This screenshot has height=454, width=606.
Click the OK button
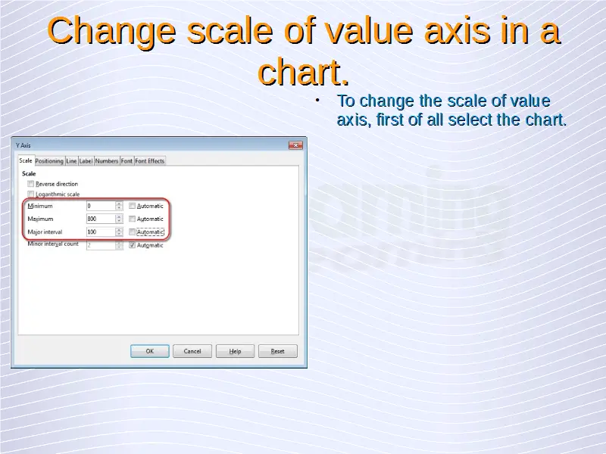tap(149, 351)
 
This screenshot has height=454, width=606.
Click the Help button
tap(235, 351)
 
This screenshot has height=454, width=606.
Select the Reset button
tap(277, 351)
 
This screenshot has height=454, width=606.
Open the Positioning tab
tap(49, 161)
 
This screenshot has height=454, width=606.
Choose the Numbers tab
tap(106, 161)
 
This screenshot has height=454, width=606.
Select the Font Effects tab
tap(149, 161)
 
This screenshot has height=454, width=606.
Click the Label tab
tap(86, 161)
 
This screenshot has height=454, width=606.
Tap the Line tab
tap(71, 161)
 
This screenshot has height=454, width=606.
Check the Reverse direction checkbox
tap(31, 184)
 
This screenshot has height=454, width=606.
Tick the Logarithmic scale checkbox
tap(31, 194)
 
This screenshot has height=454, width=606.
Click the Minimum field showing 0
tap(101, 206)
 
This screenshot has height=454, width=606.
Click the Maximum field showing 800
tap(101, 219)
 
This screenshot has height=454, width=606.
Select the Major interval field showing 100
tap(101, 232)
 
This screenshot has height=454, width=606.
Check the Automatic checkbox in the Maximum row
tap(132, 219)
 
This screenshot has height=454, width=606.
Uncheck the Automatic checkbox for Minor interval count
tap(132, 245)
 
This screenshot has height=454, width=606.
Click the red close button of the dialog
tap(295, 145)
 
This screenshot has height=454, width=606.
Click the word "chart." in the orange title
tap(304, 72)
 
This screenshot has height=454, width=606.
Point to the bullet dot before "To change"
tap(317, 101)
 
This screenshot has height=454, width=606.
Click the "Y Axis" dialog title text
tap(23, 145)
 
